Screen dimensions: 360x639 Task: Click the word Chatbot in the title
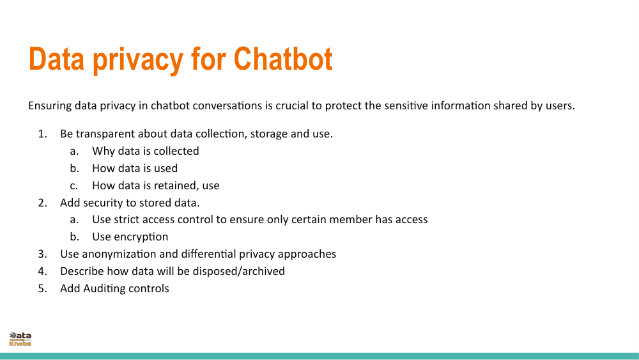[282, 59]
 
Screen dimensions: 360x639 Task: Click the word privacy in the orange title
[137, 59]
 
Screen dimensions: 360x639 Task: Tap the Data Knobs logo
[20, 340]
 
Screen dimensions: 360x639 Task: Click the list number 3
[42, 254]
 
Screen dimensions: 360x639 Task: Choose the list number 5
[42, 288]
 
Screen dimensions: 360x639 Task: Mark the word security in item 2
[103, 203]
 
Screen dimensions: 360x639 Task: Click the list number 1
[42, 134]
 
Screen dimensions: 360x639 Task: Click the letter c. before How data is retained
[74, 185]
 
